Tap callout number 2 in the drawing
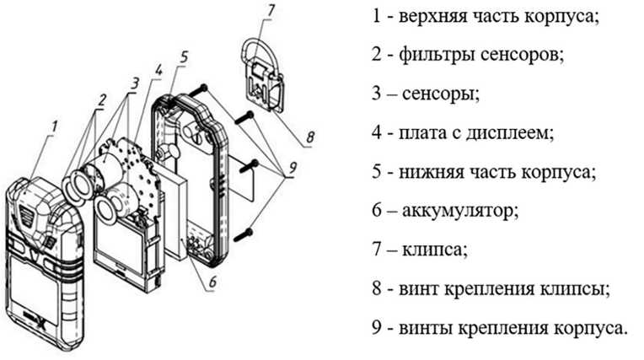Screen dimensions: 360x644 tap(100, 99)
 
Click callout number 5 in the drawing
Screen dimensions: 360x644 tap(183, 57)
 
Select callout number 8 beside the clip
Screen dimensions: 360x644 tap(310, 135)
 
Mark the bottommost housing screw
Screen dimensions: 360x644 tap(245, 231)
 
